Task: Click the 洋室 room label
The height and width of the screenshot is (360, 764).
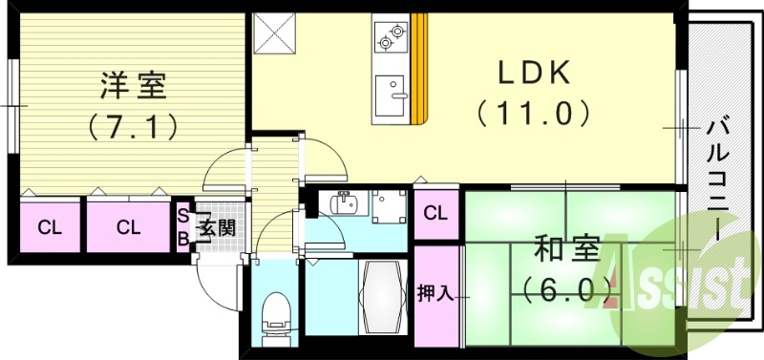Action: tap(134, 86)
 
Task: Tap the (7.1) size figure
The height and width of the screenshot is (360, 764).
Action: tap(134, 125)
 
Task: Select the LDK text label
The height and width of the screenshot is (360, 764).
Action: tap(533, 73)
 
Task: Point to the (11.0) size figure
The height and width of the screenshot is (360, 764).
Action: tap(533, 114)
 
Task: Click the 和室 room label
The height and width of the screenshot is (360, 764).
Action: tap(567, 250)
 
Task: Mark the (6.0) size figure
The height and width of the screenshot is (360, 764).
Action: tap(567, 286)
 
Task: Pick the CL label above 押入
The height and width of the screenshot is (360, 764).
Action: tap(436, 212)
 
